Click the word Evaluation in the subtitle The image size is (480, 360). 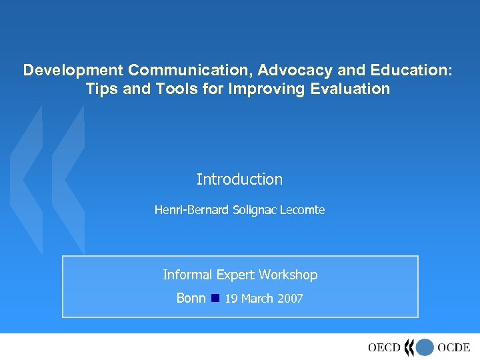(345, 89)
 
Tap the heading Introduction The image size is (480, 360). (239, 179)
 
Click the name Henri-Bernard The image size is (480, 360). (192, 210)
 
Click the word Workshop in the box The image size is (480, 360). (288, 275)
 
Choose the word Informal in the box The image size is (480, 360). (187, 275)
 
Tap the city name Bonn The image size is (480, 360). (191, 298)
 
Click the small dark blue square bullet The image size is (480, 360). (215, 298)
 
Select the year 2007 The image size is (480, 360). (290, 299)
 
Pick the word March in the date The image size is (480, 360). (257, 299)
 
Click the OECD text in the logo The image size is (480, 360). (384, 347)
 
